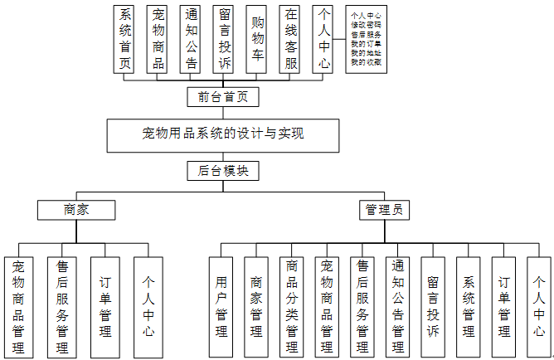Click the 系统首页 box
coord(125,39)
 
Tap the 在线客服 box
coord(289,39)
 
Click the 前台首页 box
coord(223,97)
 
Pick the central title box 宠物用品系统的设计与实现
coord(223,134)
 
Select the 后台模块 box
coord(223,171)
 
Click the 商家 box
coord(75,210)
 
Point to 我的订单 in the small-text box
coord(367,44)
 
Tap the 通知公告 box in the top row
coord(191,39)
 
